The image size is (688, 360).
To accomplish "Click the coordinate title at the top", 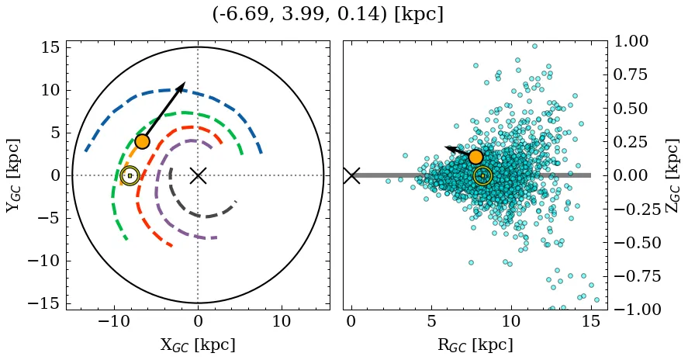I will [327, 14].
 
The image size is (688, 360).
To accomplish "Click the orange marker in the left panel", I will [142, 141].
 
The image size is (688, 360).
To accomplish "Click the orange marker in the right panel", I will [476, 157].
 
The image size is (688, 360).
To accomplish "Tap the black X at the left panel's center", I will [198, 175].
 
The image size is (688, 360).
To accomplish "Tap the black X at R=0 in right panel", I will [351, 175].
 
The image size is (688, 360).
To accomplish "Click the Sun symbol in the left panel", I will [130, 176].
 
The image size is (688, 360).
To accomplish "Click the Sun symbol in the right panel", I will [482, 176].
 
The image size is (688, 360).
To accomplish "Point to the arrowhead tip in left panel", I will [185, 82].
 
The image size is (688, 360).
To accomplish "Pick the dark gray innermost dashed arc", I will [203, 216].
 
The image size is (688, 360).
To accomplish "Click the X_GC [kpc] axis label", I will [198, 344].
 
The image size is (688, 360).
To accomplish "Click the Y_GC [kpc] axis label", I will [13, 175].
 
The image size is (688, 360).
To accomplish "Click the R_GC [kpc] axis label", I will [475, 344].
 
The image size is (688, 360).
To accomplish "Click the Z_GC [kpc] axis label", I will [673, 175].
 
